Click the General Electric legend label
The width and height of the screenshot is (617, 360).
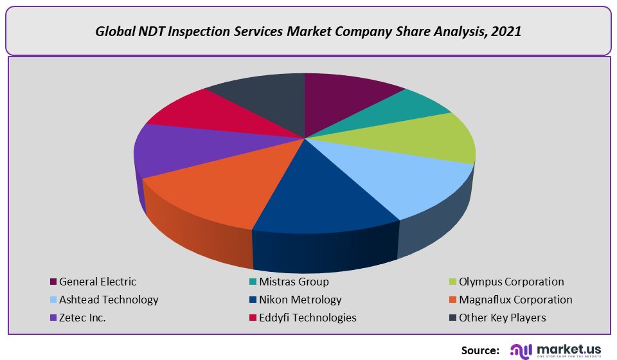pyautogui.click(x=98, y=282)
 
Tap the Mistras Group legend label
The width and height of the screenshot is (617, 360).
pyautogui.click(x=294, y=282)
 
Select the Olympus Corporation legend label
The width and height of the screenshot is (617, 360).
pyautogui.click(x=511, y=282)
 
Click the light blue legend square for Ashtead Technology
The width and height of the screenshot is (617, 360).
pyautogui.click(x=53, y=300)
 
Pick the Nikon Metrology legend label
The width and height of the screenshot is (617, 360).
pyautogui.click(x=300, y=300)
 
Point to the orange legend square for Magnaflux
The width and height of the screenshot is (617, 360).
pyautogui.click(x=453, y=300)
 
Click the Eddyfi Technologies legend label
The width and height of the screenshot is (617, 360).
pyautogui.click(x=307, y=318)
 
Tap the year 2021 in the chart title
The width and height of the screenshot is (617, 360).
pyautogui.click(x=506, y=31)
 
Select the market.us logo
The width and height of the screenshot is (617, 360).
pyautogui.click(x=557, y=350)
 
